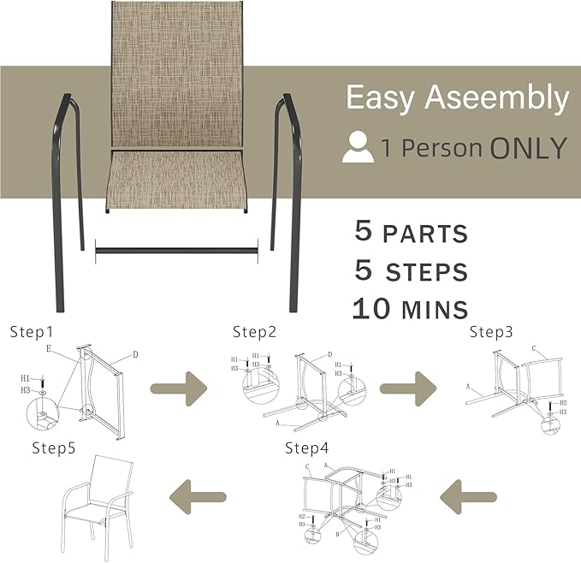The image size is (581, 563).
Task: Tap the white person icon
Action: (x=358, y=148)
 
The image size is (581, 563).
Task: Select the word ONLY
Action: (x=528, y=148)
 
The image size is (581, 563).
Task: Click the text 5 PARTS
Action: (x=411, y=232)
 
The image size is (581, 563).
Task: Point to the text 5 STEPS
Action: (x=411, y=270)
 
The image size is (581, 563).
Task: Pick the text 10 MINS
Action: (x=410, y=308)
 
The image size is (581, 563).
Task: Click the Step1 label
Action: (x=31, y=331)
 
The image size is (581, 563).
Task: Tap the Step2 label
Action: (x=254, y=331)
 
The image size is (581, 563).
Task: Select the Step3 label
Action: (x=491, y=331)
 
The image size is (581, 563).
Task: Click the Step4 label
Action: (x=306, y=447)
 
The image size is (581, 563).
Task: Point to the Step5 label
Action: (x=55, y=447)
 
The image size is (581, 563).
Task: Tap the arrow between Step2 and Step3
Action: (x=410, y=388)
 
